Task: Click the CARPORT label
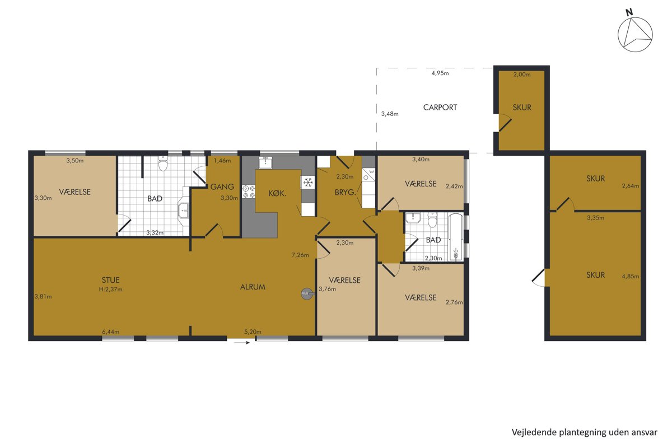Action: click(440, 108)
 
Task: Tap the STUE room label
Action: click(111, 280)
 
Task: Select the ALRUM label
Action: click(253, 287)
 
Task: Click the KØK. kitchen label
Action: click(277, 194)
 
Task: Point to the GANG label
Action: click(222, 186)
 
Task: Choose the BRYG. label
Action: click(345, 192)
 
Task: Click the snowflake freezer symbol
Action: click(308, 182)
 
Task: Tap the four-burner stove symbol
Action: click(249, 192)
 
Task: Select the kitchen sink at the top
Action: click(265, 162)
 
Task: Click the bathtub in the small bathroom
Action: click(456, 237)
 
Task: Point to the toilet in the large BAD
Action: click(163, 163)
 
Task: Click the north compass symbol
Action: click(635, 34)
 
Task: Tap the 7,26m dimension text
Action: click(300, 255)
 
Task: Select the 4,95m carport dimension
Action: click(440, 73)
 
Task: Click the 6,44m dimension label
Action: click(111, 332)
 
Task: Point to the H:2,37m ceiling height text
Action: click(111, 290)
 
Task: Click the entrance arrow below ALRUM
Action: click(242, 343)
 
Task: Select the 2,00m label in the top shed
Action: click(522, 74)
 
